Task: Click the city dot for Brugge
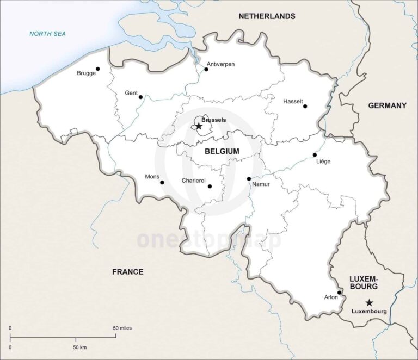point(98,69)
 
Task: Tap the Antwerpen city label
point(220,64)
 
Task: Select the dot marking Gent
point(140,97)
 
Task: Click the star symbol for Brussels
point(199,126)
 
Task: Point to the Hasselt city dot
point(305,106)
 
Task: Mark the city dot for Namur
point(249,178)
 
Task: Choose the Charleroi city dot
point(210,186)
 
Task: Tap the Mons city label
point(152,177)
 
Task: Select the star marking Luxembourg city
point(369,302)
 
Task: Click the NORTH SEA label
point(47,34)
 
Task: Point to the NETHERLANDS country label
point(267,16)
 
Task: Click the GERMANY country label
point(387,105)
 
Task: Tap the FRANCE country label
point(127,271)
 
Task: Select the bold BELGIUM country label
point(222,151)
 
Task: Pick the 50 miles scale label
point(122,328)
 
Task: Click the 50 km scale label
point(79,346)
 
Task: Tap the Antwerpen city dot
point(206,69)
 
